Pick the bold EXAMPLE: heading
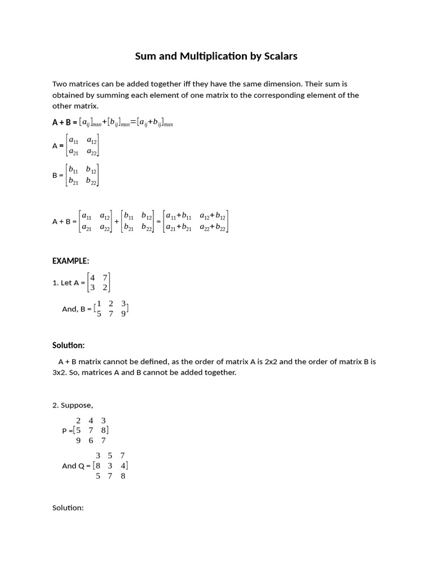click(70, 261)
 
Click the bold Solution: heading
click(68, 345)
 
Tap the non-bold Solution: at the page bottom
click(68, 507)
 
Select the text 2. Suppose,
click(73, 405)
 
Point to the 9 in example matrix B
click(123, 314)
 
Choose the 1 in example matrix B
click(99, 304)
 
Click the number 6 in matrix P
click(91, 441)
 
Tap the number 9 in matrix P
click(78, 441)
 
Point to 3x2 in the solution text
click(59, 373)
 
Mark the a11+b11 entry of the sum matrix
click(179, 216)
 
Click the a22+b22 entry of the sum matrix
click(213, 227)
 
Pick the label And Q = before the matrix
click(76, 466)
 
